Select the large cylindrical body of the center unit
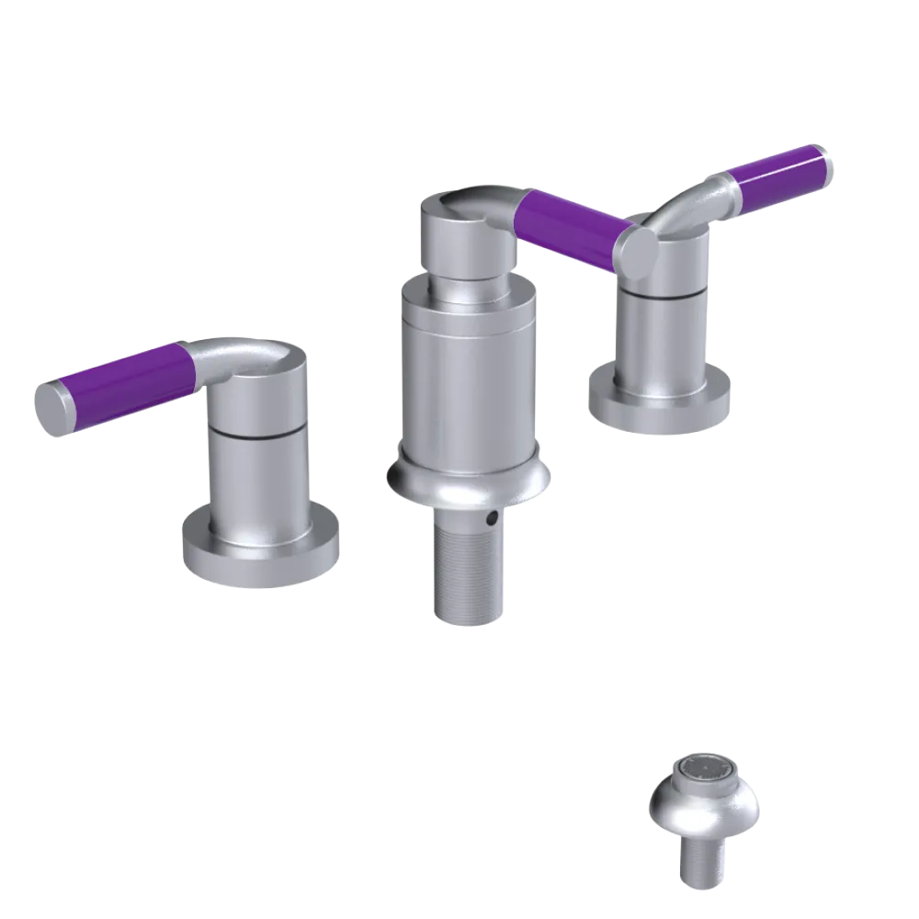[x=469, y=368]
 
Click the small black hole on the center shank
[x=493, y=519]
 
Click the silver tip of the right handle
[x=830, y=162]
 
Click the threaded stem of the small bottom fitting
[x=703, y=864]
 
